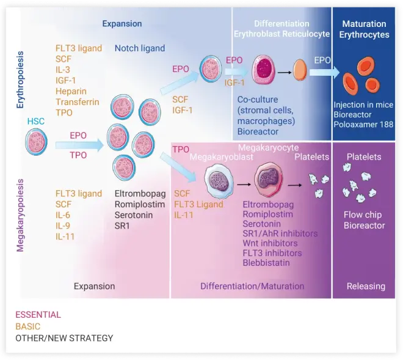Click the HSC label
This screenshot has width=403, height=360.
point(36,122)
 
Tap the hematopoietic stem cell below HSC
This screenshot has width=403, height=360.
point(37,143)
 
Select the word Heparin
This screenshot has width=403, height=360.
point(70,91)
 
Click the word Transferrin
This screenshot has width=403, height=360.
point(77,102)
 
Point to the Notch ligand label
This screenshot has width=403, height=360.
point(140,48)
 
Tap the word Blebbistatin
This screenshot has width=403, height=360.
point(266,263)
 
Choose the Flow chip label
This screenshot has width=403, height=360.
point(363,215)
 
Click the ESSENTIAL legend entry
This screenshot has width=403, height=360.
point(38,315)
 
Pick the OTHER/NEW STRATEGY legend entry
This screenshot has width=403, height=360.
point(64,338)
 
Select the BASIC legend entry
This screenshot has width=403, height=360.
point(28,326)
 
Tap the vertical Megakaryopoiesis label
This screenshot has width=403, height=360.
point(21,224)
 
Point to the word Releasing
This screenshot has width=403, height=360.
point(366,285)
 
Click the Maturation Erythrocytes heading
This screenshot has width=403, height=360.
point(364,29)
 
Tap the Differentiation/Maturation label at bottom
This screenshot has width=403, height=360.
point(252,285)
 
